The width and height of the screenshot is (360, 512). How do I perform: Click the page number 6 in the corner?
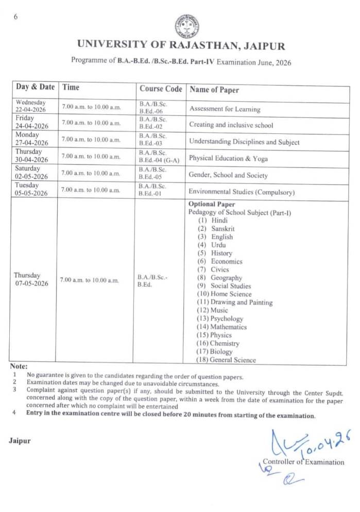point(15,16)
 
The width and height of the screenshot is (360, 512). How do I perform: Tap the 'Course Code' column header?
point(161,89)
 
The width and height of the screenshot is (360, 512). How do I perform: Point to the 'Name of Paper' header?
point(214,90)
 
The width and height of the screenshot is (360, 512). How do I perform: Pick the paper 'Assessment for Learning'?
point(225,109)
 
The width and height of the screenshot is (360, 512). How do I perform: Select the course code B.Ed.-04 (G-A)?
point(159,160)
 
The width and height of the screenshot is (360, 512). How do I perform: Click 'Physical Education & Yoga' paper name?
point(228,159)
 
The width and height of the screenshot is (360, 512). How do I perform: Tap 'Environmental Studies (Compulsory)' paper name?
point(242,192)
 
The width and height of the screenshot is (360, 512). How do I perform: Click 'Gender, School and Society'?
point(228,175)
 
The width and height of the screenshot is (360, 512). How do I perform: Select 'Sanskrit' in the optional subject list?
point(222,229)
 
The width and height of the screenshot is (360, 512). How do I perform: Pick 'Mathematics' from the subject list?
point(228,327)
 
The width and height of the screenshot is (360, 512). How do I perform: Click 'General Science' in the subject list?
point(233,360)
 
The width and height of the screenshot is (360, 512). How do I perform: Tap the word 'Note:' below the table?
point(19,366)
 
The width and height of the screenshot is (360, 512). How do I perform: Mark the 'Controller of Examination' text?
point(303,462)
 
